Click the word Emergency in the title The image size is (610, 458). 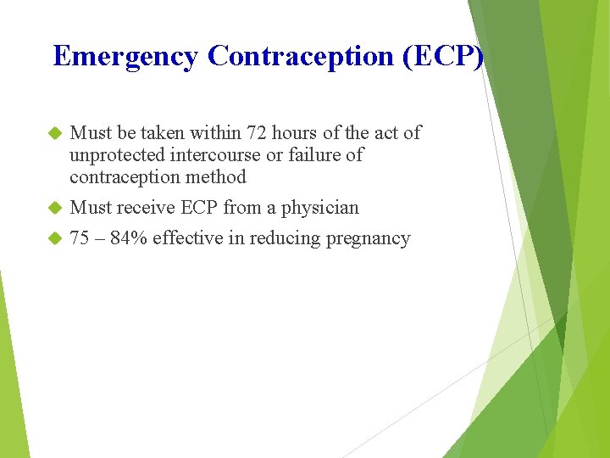(126, 57)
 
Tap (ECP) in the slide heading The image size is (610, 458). (449, 57)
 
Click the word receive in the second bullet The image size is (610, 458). (145, 208)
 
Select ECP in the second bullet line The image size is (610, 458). (199, 208)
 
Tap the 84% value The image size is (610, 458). (129, 238)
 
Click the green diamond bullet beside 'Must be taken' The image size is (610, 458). (56, 133)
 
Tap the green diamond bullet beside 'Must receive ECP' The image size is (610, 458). (56, 208)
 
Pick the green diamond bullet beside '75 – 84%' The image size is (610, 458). (56, 238)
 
